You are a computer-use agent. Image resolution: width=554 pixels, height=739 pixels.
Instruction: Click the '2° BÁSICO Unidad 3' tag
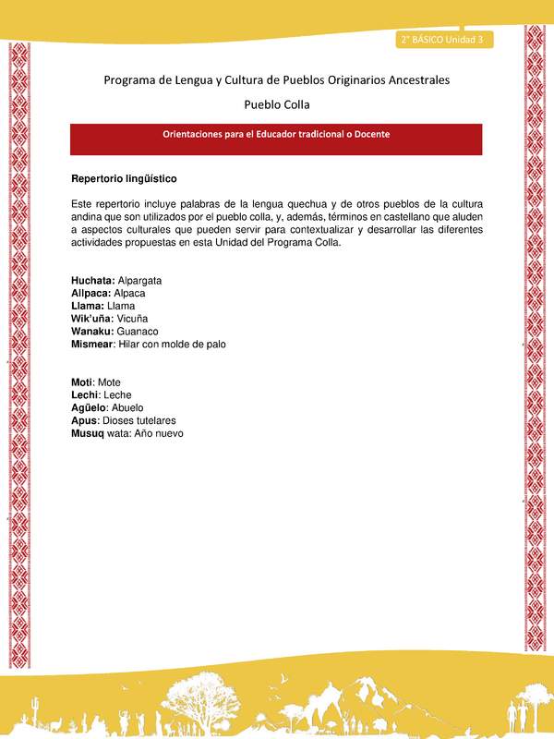(444, 39)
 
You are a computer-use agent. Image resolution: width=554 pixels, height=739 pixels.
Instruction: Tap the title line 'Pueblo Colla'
(276, 104)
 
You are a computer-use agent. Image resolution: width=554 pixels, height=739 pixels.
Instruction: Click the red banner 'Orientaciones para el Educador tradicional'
(276, 134)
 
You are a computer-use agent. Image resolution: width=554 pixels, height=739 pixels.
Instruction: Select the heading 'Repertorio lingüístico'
(124, 177)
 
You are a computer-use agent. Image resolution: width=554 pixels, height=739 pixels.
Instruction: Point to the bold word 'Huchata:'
(93, 279)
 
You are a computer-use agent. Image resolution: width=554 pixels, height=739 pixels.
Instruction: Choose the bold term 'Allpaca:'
(91, 292)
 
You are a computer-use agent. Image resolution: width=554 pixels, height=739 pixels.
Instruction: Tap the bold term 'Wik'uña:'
(93, 318)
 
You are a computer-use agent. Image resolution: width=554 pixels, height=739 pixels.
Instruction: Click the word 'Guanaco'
(138, 331)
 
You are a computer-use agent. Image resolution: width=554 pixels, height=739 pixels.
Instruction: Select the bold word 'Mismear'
(92, 344)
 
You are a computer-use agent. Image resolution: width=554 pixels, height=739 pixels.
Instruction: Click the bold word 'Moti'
(82, 382)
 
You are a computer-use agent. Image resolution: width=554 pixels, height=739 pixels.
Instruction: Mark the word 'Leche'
(117, 394)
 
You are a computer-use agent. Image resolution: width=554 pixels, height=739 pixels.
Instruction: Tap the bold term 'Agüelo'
(89, 407)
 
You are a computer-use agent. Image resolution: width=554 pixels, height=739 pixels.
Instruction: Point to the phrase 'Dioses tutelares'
(137, 420)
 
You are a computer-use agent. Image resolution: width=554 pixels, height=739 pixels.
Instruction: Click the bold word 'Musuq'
(89, 433)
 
